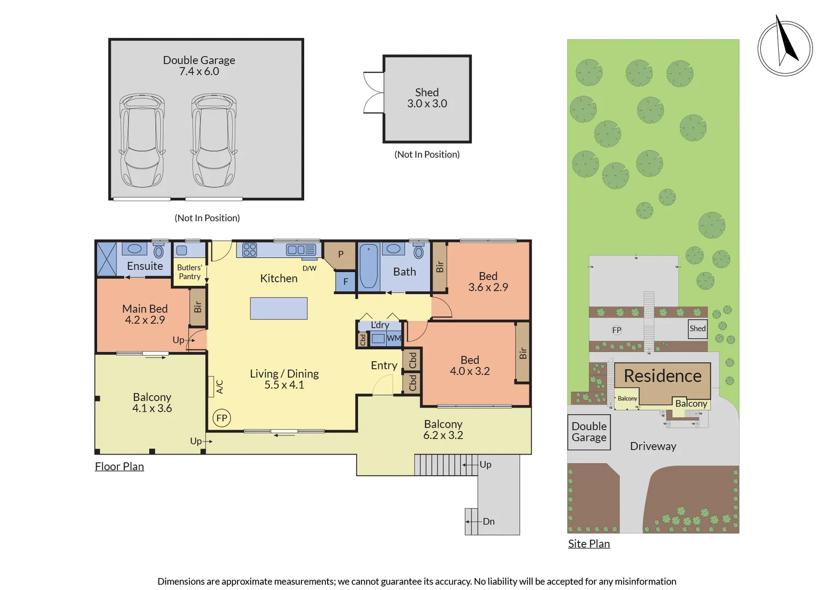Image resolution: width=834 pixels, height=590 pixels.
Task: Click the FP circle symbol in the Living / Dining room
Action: pyautogui.click(x=222, y=418)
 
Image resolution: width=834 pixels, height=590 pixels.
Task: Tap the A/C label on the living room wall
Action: pyautogui.click(x=220, y=387)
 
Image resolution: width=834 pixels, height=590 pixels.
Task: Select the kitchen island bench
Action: pyautogui.click(x=279, y=309)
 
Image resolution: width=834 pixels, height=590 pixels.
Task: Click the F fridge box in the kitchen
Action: pyautogui.click(x=346, y=281)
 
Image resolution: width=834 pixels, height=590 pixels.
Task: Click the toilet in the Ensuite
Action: pyautogui.click(x=158, y=251)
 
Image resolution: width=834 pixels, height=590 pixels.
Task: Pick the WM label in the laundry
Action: pyautogui.click(x=394, y=338)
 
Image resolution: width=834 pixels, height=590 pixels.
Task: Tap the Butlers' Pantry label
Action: pyautogui.click(x=190, y=272)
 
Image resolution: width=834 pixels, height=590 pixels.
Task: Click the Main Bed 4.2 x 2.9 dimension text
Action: pyautogui.click(x=145, y=320)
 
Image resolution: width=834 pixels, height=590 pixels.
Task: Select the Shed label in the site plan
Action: pyautogui.click(x=697, y=328)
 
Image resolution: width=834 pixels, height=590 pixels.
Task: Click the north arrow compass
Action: pyautogui.click(x=785, y=46)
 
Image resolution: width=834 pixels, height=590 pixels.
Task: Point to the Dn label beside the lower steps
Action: pyautogui.click(x=488, y=522)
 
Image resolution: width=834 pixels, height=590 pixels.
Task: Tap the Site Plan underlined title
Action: pyautogui.click(x=589, y=544)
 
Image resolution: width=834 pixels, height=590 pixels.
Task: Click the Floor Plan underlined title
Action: pyautogui.click(x=119, y=467)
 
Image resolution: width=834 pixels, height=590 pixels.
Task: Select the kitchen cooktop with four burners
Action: pyautogui.click(x=250, y=250)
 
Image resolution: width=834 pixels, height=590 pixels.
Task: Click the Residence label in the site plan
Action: pyautogui.click(x=663, y=376)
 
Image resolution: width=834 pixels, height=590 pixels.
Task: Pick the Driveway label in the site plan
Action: pyautogui.click(x=653, y=446)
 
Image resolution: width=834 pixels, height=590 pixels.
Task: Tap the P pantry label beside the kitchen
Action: pyautogui.click(x=341, y=255)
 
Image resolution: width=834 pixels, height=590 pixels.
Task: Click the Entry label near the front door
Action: pyautogui.click(x=385, y=365)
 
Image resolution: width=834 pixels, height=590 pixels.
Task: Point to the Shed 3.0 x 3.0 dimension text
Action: pyautogui.click(x=427, y=104)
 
